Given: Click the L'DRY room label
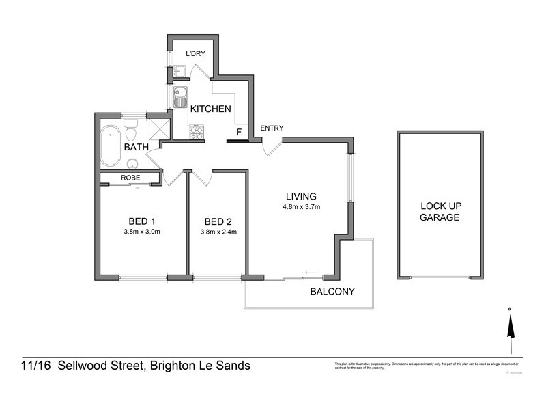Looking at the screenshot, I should point(196,53).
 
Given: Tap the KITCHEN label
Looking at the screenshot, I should point(210,109).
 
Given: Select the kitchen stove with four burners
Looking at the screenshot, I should point(197,132).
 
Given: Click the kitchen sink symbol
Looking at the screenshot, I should point(179,98).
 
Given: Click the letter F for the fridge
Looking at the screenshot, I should point(238,131).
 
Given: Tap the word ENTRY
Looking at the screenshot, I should point(272,128).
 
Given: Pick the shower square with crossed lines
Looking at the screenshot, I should point(159,128).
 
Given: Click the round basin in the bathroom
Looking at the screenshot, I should point(132,163).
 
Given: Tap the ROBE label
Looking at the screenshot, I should point(130,178).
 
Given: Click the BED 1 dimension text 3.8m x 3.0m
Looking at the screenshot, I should point(143,232).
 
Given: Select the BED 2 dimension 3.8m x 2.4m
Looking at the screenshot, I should point(218,232).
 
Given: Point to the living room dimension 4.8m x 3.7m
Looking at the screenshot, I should point(302,207).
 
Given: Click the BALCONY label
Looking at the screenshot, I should point(332,292).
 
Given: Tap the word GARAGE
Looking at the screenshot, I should point(440,217).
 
